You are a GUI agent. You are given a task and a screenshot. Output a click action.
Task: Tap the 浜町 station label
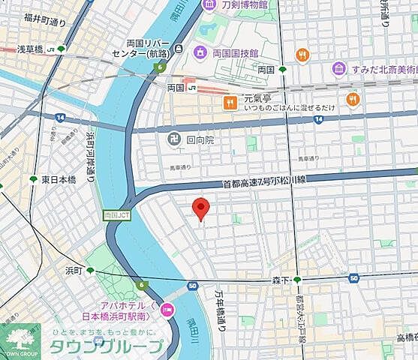coord(73,270)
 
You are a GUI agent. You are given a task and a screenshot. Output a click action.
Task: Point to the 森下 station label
coord(281,279)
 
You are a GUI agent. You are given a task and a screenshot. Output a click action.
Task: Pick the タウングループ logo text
coord(106,347)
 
